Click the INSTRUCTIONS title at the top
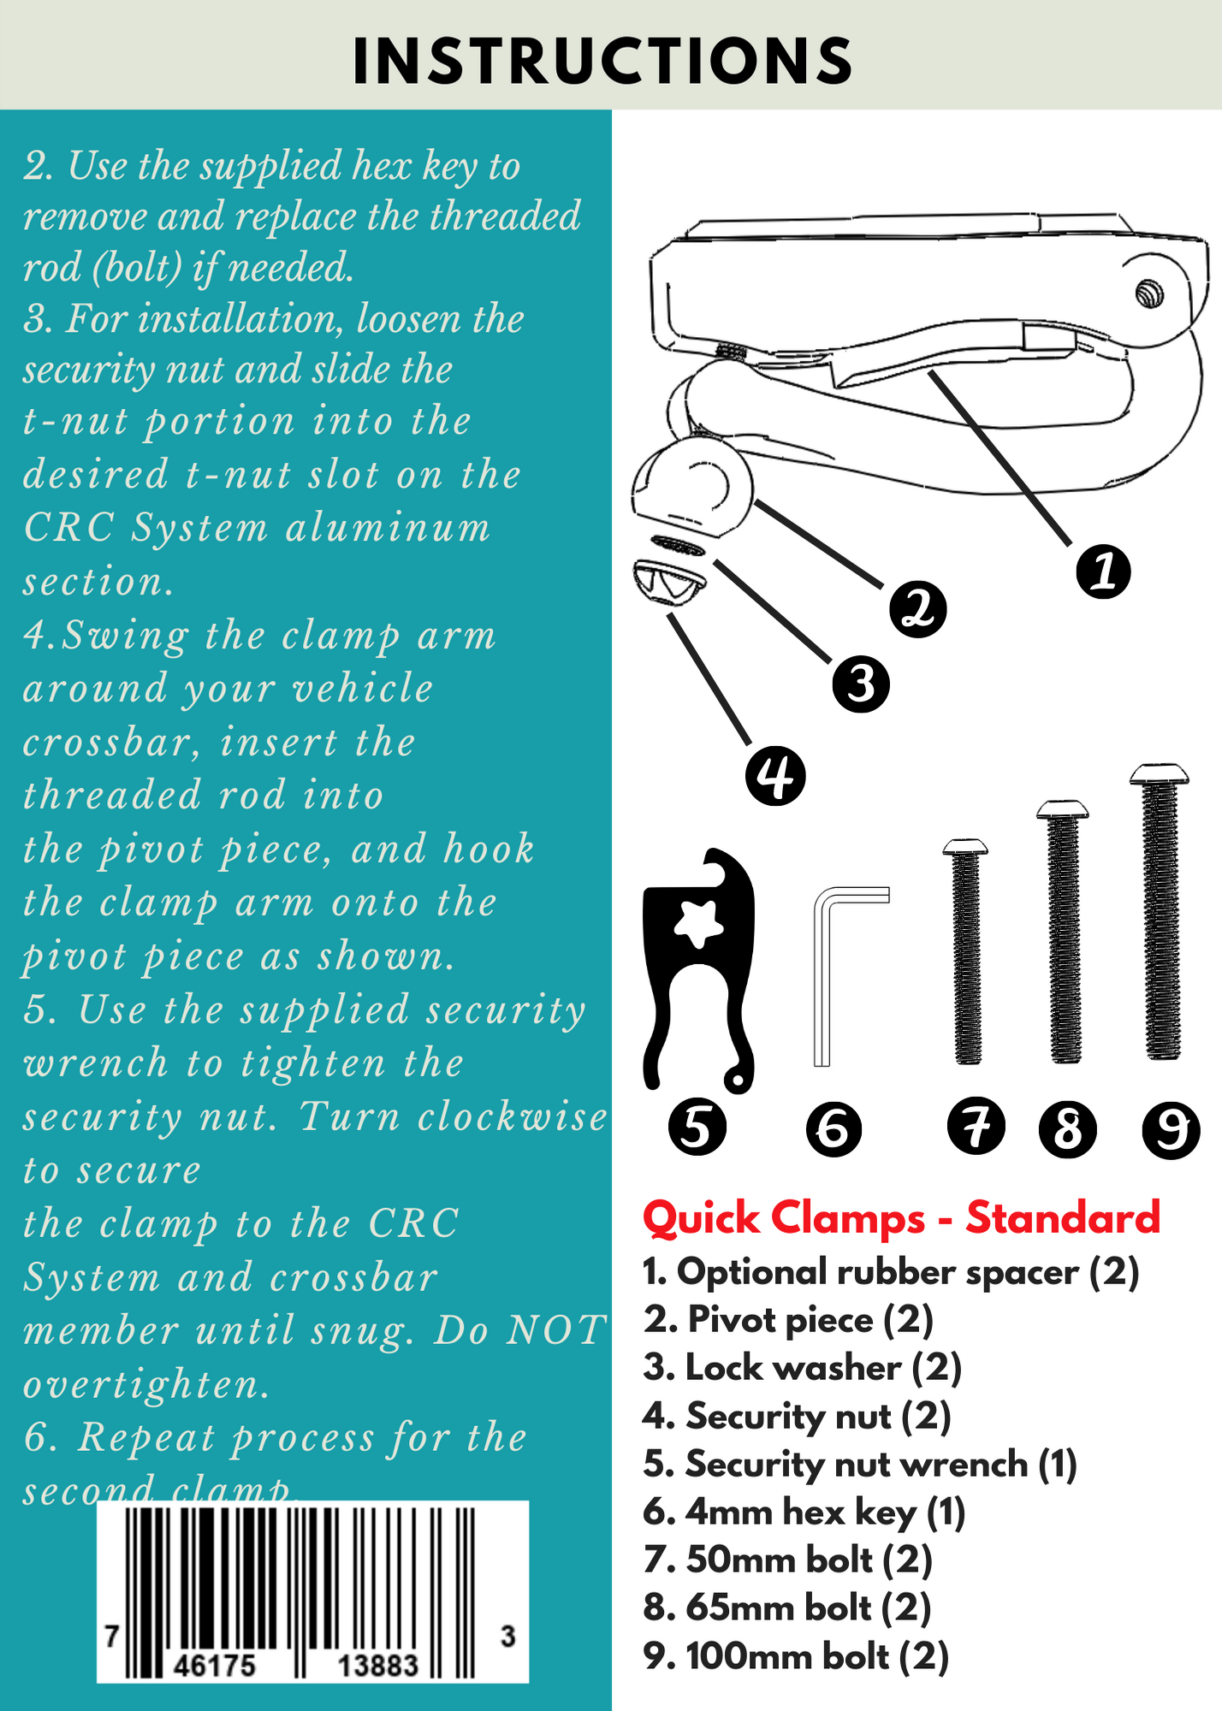coord(602,62)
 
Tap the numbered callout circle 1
coord(1103,571)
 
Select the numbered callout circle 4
coord(775,775)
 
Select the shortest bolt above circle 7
coord(967,954)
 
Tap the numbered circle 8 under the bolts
coord(1067,1129)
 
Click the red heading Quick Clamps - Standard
coord(900,1217)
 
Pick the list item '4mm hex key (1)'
coord(804,1513)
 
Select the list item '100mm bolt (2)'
coord(796,1656)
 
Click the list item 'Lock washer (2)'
coord(803,1368)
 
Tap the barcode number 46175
coord(214,1665)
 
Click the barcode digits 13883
coord(377,1665)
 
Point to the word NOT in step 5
coord(556,1331)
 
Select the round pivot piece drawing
coord(693,488)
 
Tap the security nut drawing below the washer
coord(669,582)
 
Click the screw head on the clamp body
coord(1150,295)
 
